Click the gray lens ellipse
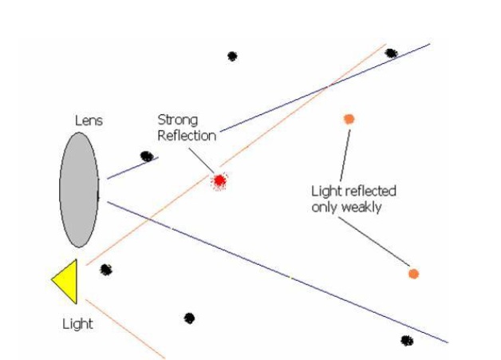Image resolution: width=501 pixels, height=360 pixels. coord(79,190)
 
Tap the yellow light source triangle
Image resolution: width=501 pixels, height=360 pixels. coord(66,281)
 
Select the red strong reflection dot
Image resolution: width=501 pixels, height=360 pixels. coord(219,181)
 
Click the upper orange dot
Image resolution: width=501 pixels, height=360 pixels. coord(349,119)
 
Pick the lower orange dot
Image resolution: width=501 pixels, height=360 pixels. coord(413,274)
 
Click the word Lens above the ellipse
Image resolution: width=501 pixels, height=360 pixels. coord(89,121)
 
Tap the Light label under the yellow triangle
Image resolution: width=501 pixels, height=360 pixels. coord(77,324)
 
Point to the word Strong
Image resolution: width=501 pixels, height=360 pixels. coord(176,120)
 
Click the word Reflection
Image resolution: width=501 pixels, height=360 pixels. coord(187,135)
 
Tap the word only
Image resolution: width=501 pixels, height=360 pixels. coord(325,207)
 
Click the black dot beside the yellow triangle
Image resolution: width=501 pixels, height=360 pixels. coord(106,270)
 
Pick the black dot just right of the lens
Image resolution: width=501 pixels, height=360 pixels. coord(147,156)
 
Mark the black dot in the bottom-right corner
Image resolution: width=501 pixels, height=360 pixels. coord(407,341)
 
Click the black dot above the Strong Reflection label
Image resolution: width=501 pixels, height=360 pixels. coord(232,57)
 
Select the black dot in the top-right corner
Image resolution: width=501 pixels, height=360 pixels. coord(391,53)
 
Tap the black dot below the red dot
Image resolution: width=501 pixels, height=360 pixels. coord(189,318)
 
